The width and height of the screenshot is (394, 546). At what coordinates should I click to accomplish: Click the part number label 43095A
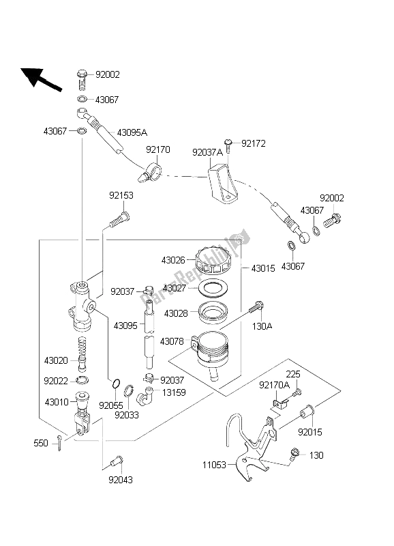(x=132, y=132)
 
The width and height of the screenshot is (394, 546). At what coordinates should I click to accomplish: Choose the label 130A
(x=263, y=326)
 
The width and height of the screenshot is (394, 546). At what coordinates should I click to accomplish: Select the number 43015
(x=263, y=269)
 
